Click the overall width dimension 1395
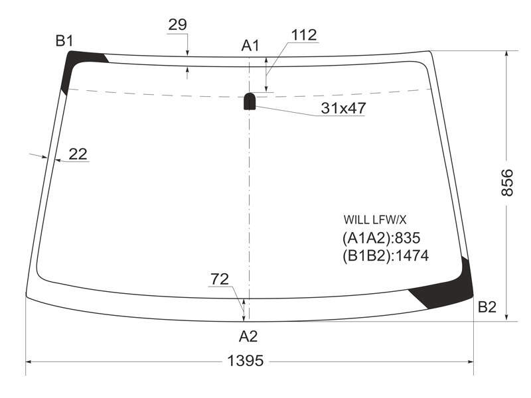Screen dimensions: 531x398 pyautogui.click(x=245, y=361)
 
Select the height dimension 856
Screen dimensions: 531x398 pyautogui.click(x=507, y=183)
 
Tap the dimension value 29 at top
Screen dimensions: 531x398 pyautogui.click(x=177, y=25)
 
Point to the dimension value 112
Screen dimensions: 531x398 pyautogui.click(x=304, y=35)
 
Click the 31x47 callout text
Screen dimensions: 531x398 pyautogui.click(x=343, y=108)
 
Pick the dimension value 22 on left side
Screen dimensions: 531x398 pyautogui.click(x=78, y=155)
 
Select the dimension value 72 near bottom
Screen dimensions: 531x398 pyautogui.click(x=220, y=279)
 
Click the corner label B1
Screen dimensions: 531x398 pyautogui.click(x=64, y=41)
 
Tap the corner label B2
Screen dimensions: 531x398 pyautogui.click(x=487, y=307)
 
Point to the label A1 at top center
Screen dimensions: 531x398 pyautogui.click(x=250, y=46)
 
